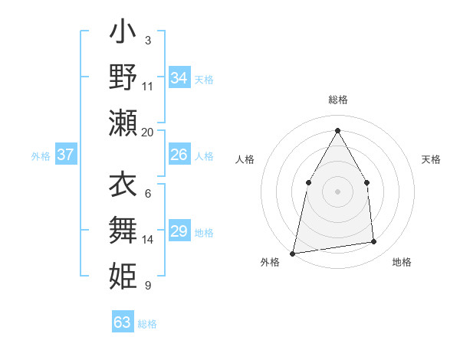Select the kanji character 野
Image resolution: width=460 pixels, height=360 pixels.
coord(123,77)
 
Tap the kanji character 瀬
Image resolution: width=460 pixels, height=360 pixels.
coord(123,123)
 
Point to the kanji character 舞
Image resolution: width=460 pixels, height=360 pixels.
coord(123,230)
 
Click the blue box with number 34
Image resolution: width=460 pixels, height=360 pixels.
coord(179,78)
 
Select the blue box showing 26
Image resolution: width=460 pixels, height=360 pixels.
coord(179,155)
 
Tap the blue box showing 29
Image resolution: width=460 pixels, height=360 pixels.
coord(179,231)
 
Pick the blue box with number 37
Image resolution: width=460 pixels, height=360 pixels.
coord(66,155)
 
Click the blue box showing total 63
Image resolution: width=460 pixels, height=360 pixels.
coord(123,322)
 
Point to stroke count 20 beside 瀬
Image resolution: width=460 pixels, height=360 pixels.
coord(148,133)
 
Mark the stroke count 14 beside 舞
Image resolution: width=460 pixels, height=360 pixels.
coord(148,240)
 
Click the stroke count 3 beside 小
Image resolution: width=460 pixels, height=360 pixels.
coord(148,40)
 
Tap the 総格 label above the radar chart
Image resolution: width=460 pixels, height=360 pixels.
coord(337,100)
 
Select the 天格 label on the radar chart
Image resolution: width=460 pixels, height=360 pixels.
coord(431,159)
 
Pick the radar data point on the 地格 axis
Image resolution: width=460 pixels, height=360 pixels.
coord(374,242)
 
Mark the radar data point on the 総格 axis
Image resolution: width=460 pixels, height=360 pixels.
coord(337,130)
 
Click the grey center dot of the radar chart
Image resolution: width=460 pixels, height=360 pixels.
coord(337,191)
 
